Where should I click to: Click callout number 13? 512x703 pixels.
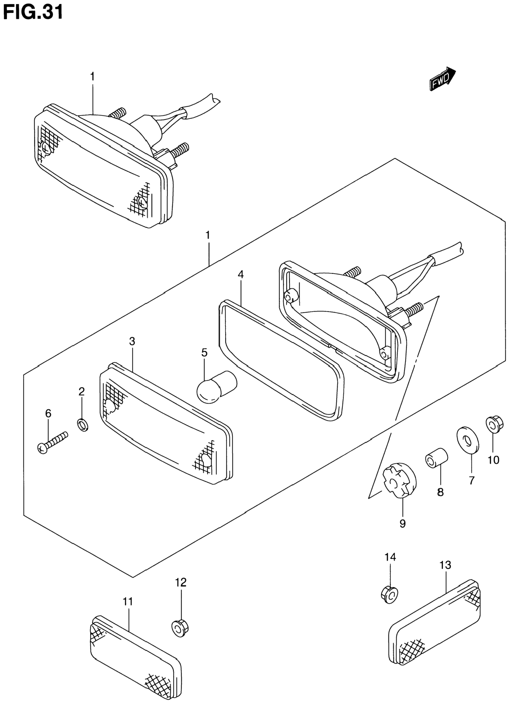tap(445, 565)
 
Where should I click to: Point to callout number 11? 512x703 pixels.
tap(128, 602)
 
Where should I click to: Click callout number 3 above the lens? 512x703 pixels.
tap(132, 341)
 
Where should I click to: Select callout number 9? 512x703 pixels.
tap(402, 524)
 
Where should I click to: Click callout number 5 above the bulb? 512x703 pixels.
tap(204, 352)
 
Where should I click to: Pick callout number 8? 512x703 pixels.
tap(440, 492)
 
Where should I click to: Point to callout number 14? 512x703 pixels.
tap(390, 557)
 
